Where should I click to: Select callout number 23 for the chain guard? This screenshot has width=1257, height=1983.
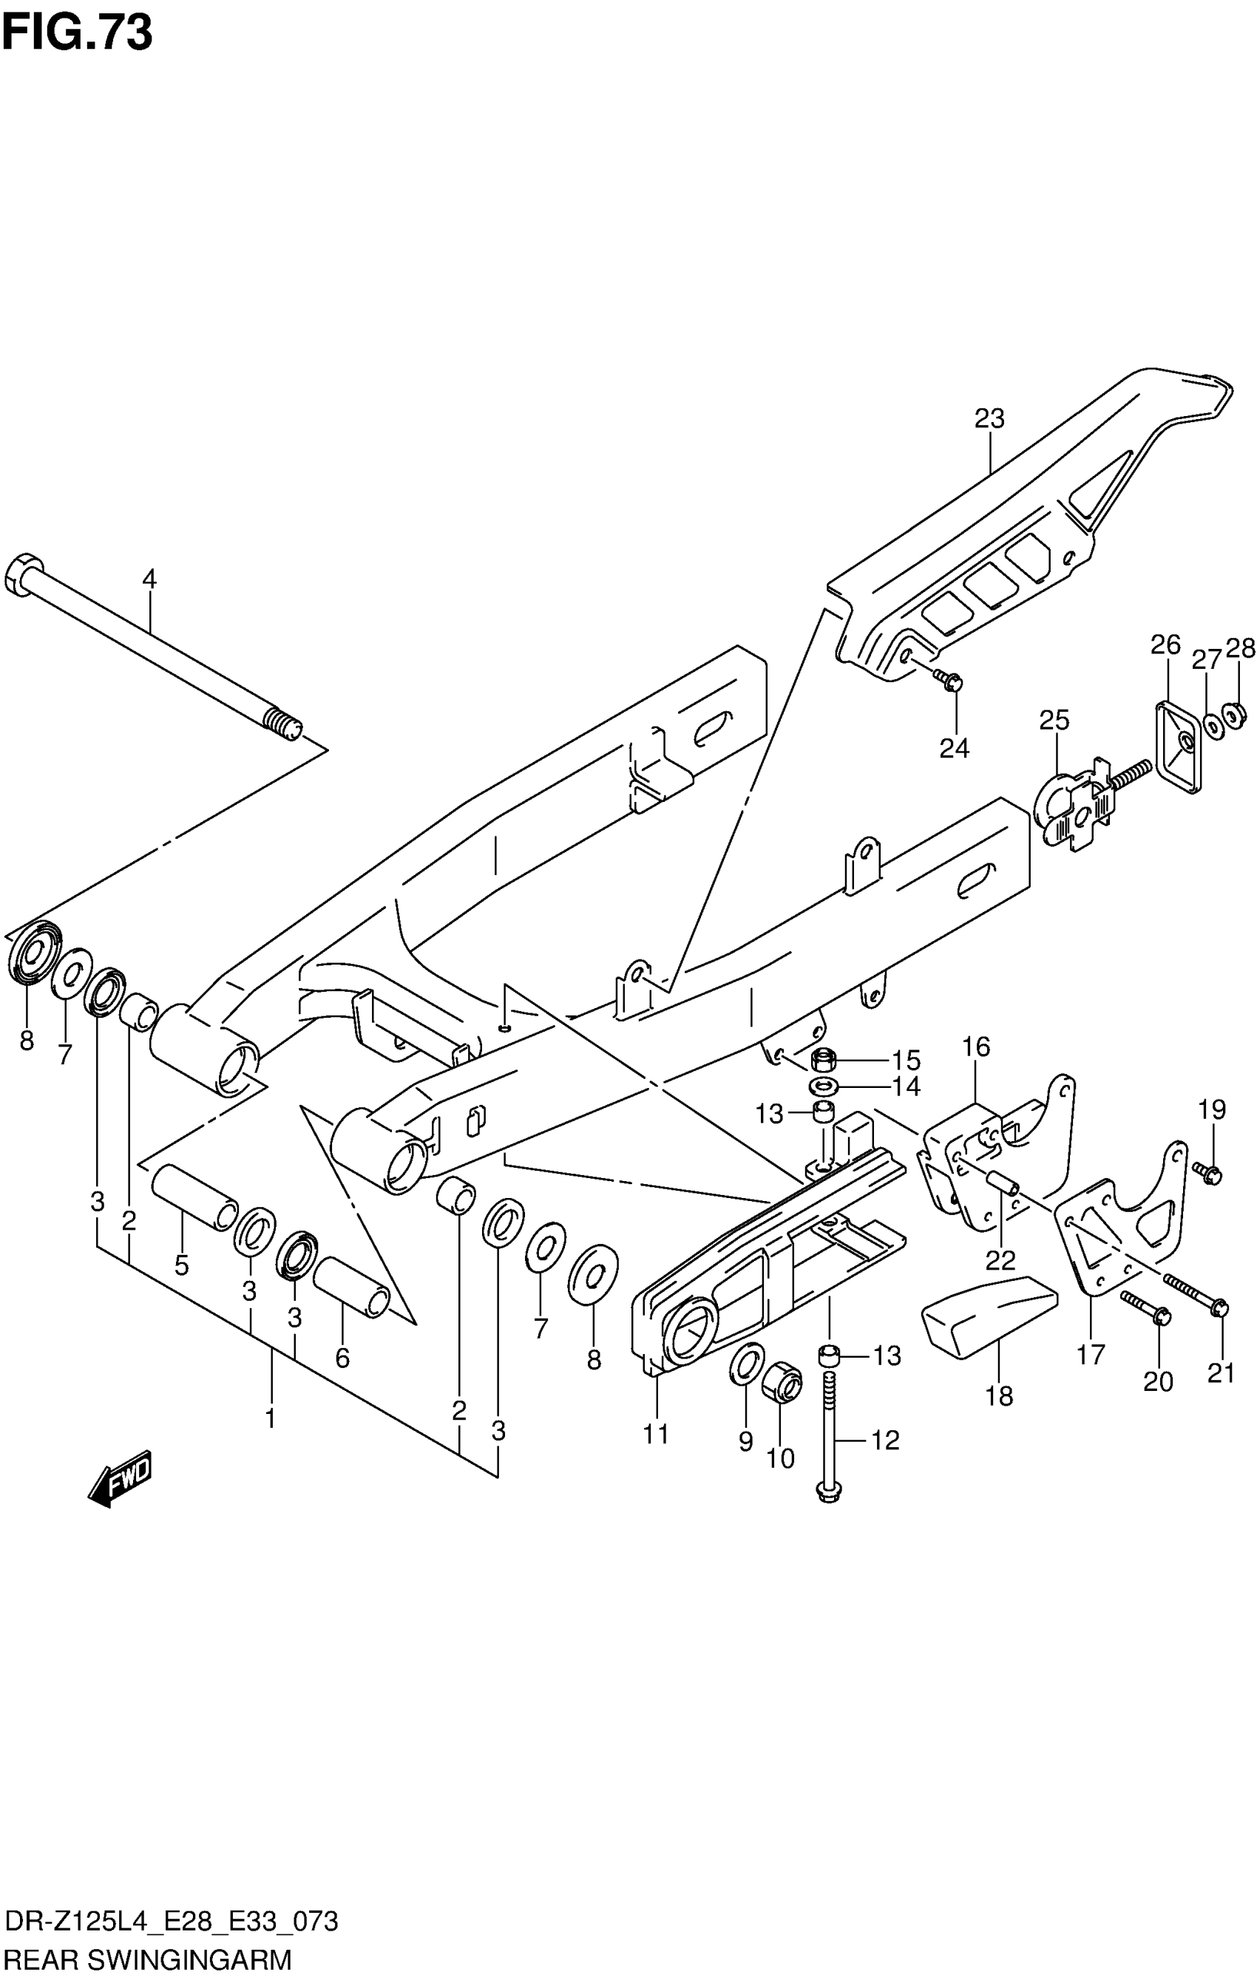(989, 419)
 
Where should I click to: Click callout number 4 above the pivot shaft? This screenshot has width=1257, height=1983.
(149, 579)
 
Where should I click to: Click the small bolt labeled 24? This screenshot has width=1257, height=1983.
(948, 680)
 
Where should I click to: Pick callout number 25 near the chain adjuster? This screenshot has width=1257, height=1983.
(1054, 720)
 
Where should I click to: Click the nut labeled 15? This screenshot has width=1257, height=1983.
(824, 1059)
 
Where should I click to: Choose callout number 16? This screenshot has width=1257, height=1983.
(976, 1047)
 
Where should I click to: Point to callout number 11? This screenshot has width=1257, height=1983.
(656, 1434)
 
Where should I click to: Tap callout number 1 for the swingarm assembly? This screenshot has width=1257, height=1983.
(269, 1418)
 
